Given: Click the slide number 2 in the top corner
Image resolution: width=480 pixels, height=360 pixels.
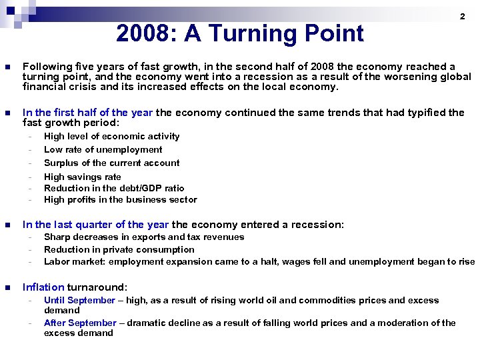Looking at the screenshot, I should pos(462,16).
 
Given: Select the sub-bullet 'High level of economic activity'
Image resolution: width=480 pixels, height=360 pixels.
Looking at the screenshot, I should pos(111,136).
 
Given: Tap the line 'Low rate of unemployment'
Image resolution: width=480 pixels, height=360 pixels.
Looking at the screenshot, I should pos(103,149).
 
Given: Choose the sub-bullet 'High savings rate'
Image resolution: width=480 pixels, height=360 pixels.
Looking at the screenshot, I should pos(82,177).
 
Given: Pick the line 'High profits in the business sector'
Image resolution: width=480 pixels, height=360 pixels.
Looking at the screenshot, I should pos(120,199).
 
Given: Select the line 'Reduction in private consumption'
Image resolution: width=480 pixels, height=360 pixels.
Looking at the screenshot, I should pos(119,249).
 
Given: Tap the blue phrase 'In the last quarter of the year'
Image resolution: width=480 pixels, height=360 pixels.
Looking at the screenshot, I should pos(95,225).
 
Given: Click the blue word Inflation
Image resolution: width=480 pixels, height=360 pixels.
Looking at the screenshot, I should pos(43,287).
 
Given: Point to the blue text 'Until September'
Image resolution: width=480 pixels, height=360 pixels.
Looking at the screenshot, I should pos(79,300).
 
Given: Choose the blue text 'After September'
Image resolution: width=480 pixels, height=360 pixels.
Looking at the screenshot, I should pos(79,323).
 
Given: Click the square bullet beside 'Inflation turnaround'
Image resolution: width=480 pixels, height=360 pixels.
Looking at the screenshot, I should pos(7,288).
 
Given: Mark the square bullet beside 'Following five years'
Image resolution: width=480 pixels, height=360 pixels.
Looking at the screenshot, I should pos(7,67).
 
